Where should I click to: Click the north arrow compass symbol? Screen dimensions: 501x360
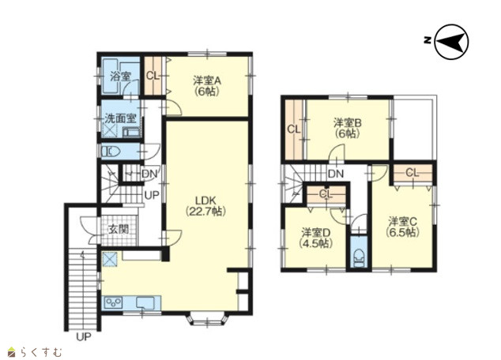tap(452, 42)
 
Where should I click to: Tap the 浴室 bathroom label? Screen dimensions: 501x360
tap(120, 77)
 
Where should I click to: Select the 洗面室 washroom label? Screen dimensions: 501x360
tap(120, 118)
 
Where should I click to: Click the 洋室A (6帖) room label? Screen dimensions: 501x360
tap(207, 86)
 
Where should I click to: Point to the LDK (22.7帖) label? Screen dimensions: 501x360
tap(206, 206)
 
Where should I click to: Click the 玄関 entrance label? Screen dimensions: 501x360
tap(119, 229)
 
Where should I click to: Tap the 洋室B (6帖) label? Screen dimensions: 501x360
tap(348, 128)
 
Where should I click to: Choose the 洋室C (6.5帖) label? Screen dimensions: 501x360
tap(402, 227)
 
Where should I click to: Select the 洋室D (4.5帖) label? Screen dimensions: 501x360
tap(315, 238)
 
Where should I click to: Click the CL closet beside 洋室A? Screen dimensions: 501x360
tap(153, 76)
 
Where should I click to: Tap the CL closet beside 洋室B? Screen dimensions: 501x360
tap(294, 129)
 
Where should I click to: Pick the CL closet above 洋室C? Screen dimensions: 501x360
tap(412, 174)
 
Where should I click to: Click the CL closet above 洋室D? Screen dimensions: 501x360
tap(326, 193)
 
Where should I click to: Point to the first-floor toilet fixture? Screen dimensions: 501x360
tap(110, 152)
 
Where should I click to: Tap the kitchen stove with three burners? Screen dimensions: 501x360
tap(114, 302)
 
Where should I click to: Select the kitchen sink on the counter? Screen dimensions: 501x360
tap(145, 302)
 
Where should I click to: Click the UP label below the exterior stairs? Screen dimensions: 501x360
tap(84, 336)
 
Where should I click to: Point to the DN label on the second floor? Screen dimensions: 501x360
tap(336, 174)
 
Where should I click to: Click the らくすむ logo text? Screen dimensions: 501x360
tap(40, 352)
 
